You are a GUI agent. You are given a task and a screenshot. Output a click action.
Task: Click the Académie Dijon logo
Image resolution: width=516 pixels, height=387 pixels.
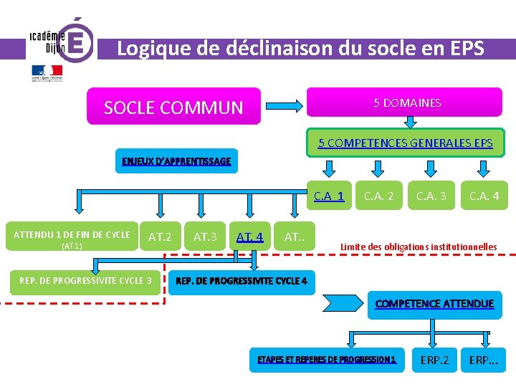(60, 43)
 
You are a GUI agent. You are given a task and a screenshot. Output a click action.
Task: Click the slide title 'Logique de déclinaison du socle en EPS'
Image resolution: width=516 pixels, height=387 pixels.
(300, 49)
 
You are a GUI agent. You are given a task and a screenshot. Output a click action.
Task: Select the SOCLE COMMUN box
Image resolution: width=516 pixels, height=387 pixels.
(173, 107)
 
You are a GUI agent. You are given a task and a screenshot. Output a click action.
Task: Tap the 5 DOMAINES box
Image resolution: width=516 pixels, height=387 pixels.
(406, 103)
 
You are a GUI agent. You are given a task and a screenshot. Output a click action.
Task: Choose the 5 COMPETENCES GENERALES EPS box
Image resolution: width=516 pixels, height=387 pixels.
(405, 143)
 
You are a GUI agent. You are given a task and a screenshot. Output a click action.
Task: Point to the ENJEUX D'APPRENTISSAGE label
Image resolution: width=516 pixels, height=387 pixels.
(176, 161)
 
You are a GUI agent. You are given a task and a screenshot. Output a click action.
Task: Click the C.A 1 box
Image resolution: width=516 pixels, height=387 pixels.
(329, 196)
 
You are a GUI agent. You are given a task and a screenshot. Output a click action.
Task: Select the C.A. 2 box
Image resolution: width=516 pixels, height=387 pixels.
(378, 196)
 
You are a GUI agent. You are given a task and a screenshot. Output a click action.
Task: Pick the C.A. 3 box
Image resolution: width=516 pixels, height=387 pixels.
(431, 196)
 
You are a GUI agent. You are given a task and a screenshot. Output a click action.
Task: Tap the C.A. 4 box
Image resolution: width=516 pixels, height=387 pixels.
(484, 196)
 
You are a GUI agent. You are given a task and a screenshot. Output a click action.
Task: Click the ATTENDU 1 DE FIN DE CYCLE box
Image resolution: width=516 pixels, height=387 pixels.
(72, 239)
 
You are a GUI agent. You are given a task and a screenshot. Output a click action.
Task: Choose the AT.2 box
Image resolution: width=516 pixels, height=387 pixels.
(160, 236)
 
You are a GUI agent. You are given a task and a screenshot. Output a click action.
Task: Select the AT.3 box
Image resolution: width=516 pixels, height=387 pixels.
(206, 236)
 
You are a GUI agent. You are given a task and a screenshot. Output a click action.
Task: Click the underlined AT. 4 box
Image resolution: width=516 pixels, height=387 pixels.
(249, 236)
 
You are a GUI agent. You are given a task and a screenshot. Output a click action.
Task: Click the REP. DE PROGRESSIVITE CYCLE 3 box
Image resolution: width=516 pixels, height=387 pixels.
(85, 280)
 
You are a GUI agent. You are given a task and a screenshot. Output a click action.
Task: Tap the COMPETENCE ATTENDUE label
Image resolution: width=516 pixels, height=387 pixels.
(434, 304)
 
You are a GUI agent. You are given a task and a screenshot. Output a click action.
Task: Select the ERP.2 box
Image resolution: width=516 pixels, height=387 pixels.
(434, 360)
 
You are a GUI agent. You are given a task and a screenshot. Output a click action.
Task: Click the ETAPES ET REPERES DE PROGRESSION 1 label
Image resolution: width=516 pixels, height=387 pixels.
(326, 359)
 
